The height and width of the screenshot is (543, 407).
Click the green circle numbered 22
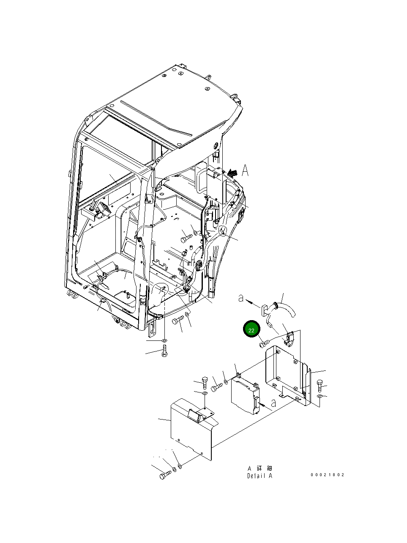pos(251,330)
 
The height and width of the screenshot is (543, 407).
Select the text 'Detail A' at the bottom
pos(259,476)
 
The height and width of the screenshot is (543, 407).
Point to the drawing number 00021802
pos(328,474)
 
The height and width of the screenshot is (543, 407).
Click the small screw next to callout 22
pos(263,343)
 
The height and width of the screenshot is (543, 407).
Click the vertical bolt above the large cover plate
pos(205,383)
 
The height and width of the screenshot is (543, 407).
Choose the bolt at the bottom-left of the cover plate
pos(164,475)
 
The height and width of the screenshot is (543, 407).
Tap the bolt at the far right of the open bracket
pos(319,385)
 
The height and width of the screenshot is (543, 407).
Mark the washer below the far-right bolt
pos(320,396)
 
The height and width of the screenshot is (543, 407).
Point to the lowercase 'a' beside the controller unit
pos(274,403)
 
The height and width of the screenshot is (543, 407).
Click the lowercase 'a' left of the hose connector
pos(241,299)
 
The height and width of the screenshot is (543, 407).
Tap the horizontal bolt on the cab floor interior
pos(186,239)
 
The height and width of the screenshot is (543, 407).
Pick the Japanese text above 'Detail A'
pos(259,468)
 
